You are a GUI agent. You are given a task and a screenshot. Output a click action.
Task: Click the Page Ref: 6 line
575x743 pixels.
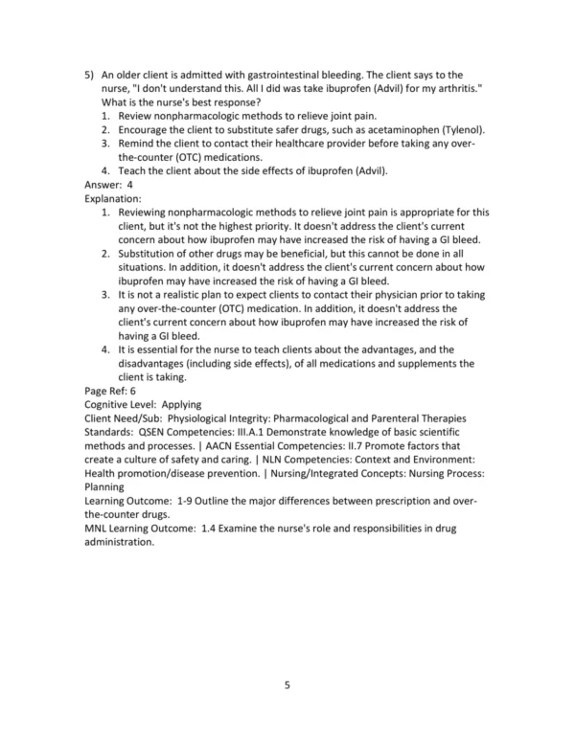(x=111, y=392)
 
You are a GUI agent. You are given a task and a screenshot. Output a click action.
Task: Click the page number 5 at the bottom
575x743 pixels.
(x=287, y=686)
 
